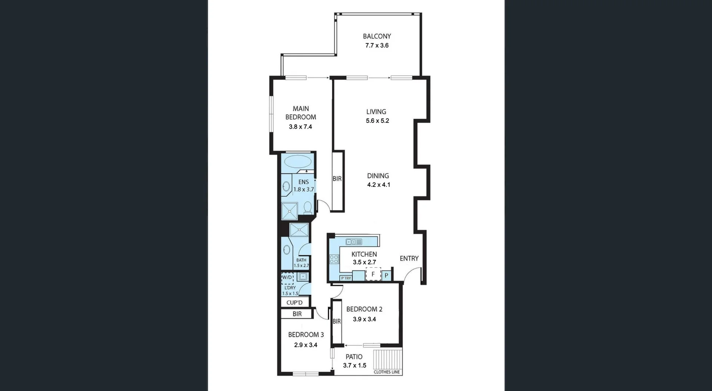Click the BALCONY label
(x=377, y=36)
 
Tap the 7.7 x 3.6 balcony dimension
(x=377, y=45)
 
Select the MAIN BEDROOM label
(x=301, y=113)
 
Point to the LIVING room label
(x=376, y=112)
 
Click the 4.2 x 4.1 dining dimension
(x=379, y=185)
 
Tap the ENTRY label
(x=409, y=259)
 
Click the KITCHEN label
(x=364, y=254)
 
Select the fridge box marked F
(x=373, y=275)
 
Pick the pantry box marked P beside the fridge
(x=386, y=275)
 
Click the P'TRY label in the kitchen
(x=346, y=278)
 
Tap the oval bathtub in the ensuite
(x=298, y=162)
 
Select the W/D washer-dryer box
(x=287, y=277)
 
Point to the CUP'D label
(x=294, y=302)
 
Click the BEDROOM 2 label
(x=364, y=309)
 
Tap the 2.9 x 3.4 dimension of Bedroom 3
(x=306, y=345)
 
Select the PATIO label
(x=354, y=357)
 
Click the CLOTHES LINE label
(x=387, y=372)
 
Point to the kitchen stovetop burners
(x=334, y=259)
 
